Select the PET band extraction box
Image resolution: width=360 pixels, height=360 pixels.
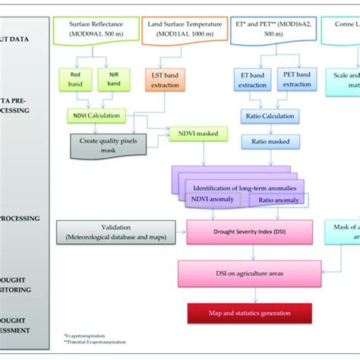coord(296,81)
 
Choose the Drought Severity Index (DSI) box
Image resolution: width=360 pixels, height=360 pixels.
coord(239,229)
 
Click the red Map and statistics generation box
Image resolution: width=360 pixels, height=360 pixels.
coord(239,312)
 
